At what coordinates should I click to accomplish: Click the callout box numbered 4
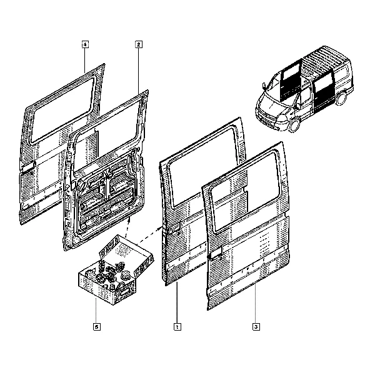click(85, 44)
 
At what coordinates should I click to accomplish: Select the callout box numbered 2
click(139, 44)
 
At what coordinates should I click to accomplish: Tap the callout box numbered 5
click(97, 327)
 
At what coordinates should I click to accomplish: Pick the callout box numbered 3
click(256, 327)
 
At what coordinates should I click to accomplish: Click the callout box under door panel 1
click(177, 327)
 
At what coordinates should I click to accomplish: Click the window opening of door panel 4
click(62, 110)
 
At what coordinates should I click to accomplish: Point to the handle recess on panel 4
click(28, 167)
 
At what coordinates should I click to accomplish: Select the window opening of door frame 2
click(107, 136)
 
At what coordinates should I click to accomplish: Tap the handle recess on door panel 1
click(174, 227)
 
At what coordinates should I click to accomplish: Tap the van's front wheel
click(294, 125)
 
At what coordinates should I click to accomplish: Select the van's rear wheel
click(341, 98)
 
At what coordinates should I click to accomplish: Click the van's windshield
click(274, 88)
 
